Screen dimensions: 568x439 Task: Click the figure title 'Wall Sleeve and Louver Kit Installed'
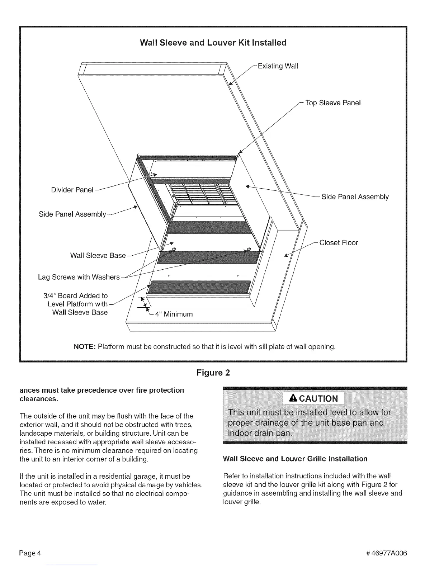click(213, 43)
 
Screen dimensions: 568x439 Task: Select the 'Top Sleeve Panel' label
click(333, 103)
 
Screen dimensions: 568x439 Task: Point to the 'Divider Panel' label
click(72, 190)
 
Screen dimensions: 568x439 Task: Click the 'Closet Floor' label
click(339, 243)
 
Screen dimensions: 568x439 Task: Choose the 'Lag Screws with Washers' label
click(79, 277)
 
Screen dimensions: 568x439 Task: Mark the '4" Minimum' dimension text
click(174, 314)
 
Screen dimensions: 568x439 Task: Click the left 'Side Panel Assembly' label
click(72, 214)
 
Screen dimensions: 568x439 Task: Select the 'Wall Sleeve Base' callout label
click(98, 256)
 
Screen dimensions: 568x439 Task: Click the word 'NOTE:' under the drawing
click(85, 347)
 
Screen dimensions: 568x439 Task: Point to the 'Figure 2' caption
click(213, 373)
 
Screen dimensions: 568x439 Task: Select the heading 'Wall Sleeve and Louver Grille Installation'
click(295, 459)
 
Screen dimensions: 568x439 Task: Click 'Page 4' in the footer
click(30, 553)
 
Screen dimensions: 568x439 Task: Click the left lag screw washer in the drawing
click(173, 250)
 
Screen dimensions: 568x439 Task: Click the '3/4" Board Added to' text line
click(75, 296)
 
